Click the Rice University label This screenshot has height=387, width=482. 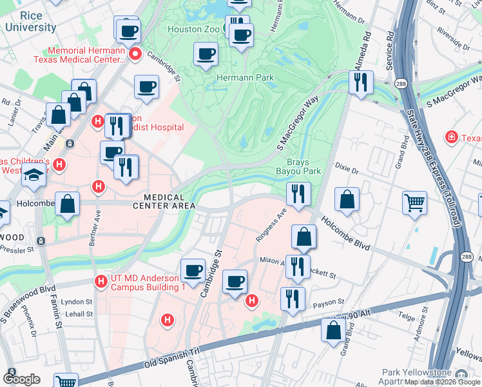tap(30, 22)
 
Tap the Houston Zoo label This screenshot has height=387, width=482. tap(193, 29)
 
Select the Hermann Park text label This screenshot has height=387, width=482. tap(245, 77)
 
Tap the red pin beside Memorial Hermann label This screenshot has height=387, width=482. tap(135, 54)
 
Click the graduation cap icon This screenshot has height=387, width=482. tap(34, 175)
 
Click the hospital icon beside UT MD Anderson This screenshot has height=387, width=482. tap(101, 281)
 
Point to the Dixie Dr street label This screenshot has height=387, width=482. tap(347, 169)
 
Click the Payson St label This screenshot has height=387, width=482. tap(325, 303)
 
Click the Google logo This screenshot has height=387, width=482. tap(22, 379)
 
